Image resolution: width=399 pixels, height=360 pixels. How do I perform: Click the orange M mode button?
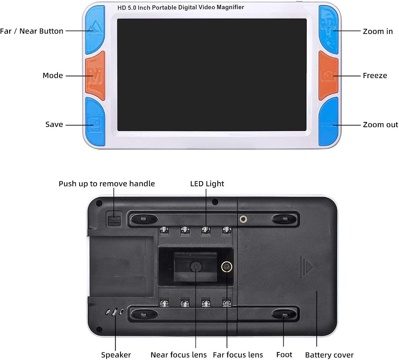95,75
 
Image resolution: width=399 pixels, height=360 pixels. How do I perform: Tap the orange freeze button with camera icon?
328,75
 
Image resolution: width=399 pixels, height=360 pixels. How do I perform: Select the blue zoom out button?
329,122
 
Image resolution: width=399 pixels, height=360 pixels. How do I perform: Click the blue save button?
95,122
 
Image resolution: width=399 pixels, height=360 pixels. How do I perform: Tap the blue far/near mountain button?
95,30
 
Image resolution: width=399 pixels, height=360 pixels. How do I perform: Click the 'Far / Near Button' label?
32,31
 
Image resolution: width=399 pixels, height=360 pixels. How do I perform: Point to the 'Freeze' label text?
375,75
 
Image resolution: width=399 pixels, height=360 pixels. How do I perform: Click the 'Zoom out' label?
380,124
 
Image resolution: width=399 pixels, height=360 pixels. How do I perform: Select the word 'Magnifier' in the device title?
230,7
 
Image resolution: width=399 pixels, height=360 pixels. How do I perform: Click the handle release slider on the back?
114,219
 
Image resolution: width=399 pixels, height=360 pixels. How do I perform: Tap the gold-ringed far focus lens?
227,267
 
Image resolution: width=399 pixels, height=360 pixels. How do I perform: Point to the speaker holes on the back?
115,312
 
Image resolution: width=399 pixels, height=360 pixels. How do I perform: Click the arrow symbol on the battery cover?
306,267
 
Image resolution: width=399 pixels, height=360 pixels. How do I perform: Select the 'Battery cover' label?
329,355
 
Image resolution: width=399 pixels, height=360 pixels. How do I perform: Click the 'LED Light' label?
207,183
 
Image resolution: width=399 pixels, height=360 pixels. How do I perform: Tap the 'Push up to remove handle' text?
107,184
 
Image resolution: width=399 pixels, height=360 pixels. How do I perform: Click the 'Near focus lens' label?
179,355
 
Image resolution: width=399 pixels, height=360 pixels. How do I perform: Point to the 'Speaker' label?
116,355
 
